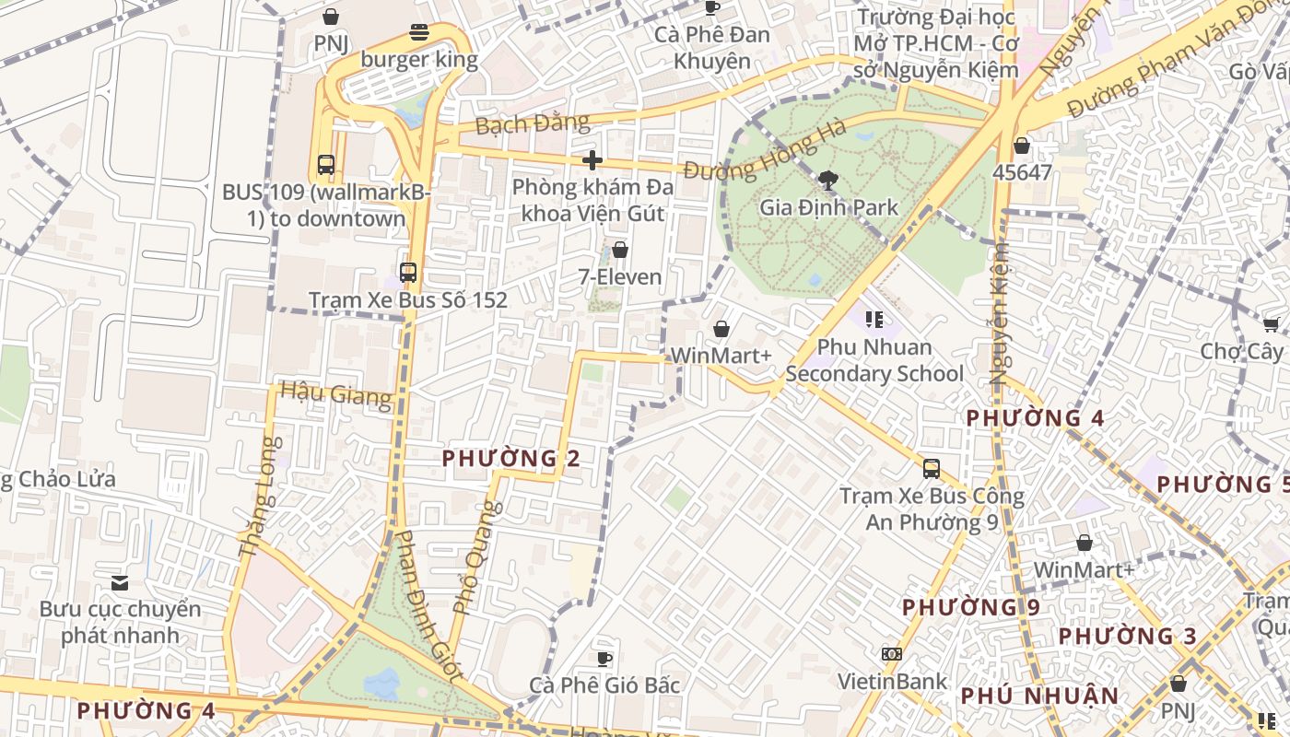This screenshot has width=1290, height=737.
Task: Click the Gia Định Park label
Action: point(828,207)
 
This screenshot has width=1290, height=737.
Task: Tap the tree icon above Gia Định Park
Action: point(828,181)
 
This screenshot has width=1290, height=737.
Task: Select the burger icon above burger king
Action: point(419,33)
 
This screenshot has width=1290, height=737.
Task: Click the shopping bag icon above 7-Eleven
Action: point(620,250)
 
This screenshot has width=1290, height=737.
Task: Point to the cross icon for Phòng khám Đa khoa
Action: point(592,160)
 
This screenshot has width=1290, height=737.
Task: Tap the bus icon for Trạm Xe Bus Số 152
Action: point(408,273)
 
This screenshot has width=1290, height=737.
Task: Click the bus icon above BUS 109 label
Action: point(326,165)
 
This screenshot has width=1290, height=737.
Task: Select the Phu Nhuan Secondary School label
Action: point(874,360)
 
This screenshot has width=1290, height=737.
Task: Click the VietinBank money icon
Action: point(891,654)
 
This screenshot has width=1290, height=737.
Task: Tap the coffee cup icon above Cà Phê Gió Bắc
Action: point(604,658)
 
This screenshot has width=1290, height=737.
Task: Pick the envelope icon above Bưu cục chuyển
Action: point(120,582)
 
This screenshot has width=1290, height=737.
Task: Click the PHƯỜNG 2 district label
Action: point(510,458)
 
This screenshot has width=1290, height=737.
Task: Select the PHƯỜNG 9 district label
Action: point(970,607)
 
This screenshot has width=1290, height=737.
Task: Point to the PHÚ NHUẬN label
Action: point(1039,696)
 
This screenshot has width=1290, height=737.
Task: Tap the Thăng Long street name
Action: point(257,497)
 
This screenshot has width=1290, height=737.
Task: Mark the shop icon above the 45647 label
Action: point(1021,146)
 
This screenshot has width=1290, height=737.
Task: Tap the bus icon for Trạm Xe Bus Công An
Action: point(932,469)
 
